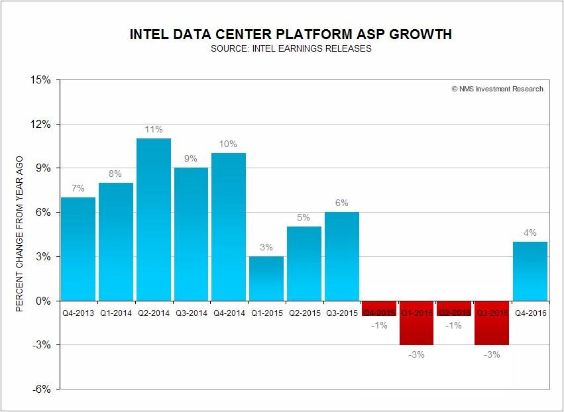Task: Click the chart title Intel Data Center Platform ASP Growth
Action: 291,34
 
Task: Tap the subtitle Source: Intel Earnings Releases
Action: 291,49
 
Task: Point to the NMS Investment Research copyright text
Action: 497,89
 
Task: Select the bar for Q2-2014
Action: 154,219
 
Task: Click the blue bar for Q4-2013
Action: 78,248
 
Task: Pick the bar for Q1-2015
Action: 266,278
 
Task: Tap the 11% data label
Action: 154,129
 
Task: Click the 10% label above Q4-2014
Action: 229,144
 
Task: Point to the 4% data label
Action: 530,232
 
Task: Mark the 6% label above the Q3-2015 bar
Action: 341,203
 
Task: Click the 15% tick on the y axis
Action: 42,80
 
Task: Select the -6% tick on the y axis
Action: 42,389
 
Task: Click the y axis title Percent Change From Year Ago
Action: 21,234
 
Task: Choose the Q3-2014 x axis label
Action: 191,312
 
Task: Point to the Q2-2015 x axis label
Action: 304,312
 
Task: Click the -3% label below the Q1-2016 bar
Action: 417,354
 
